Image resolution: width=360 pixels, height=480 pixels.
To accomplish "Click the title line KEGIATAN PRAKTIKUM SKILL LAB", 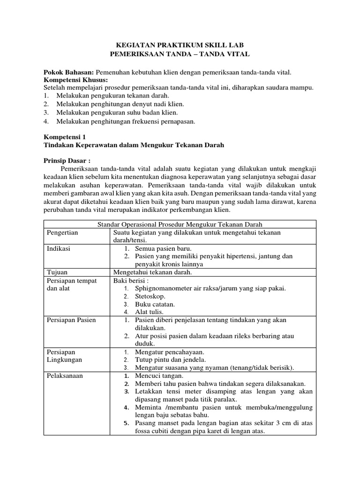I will point(180,45).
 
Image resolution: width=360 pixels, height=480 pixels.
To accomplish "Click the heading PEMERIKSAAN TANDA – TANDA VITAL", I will point(180,54).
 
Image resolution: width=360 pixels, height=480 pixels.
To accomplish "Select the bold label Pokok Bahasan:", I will point(69,72).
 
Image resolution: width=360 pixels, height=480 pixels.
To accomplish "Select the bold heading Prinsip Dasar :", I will point(67,160).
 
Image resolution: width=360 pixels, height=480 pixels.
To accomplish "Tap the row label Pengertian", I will point(63,232).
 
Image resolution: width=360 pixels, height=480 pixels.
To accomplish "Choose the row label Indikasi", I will point(59,248).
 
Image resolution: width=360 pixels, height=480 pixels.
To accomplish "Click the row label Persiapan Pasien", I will point(71,320).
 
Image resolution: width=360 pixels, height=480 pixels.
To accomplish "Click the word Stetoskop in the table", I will point(150,296).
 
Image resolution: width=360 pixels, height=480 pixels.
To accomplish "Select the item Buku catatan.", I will point(155,304).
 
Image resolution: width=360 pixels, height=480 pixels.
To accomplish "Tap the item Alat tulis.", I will point(149,312).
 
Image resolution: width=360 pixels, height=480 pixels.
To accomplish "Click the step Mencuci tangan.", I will point(159,375).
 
